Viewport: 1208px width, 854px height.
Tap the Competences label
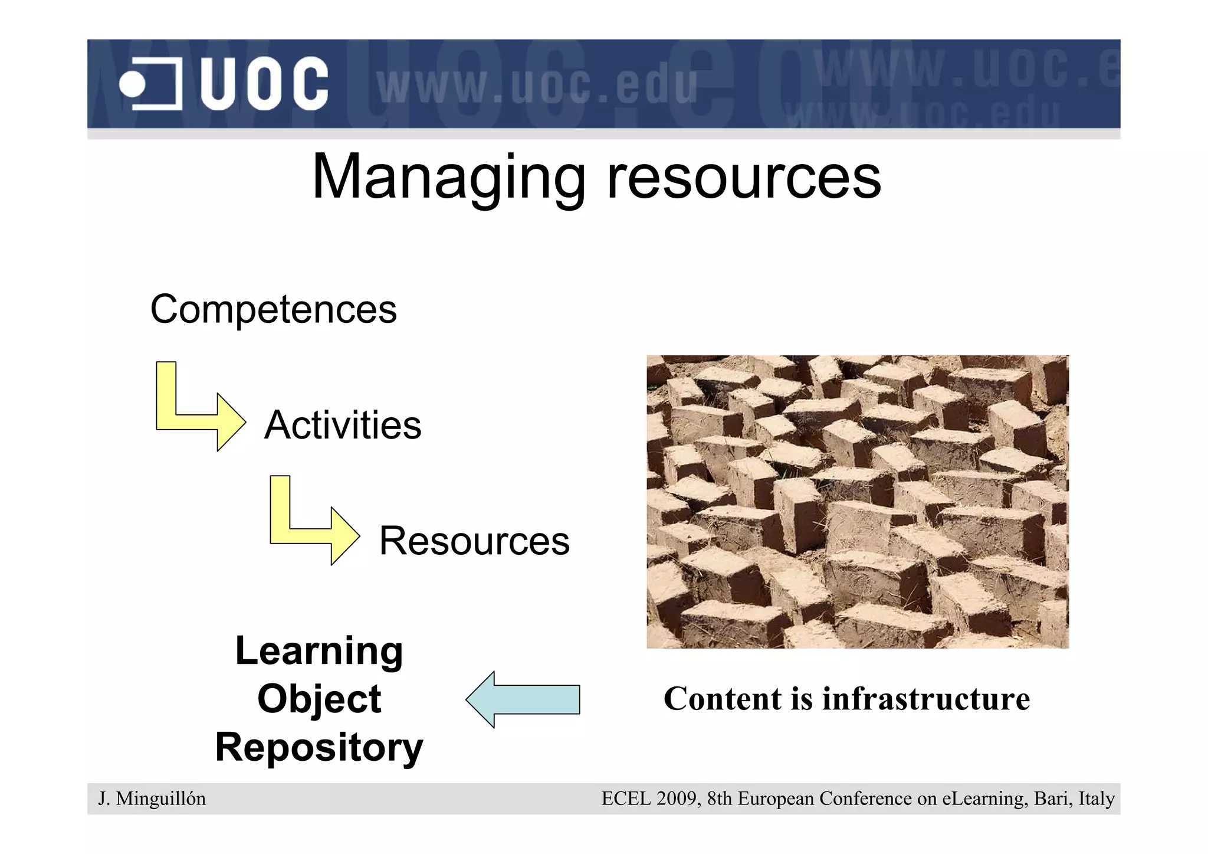[273, 309]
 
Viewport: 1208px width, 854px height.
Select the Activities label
[343, 425]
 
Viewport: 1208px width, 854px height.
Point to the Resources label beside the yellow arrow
[474, 541]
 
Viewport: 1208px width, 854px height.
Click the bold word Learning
[319, 650]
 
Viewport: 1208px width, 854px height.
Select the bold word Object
[319, 699]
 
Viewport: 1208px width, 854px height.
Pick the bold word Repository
[319, 747]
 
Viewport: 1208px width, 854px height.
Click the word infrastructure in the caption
[926, 699]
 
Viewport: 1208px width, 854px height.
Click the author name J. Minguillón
[152, 799]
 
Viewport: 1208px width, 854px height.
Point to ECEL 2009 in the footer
[649, 799]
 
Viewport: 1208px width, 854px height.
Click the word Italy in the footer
[1097, 799]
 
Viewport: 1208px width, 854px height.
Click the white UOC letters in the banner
[264, 84]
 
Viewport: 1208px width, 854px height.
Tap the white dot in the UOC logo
[132, 84]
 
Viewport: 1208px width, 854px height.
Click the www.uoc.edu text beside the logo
[537, 86]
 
